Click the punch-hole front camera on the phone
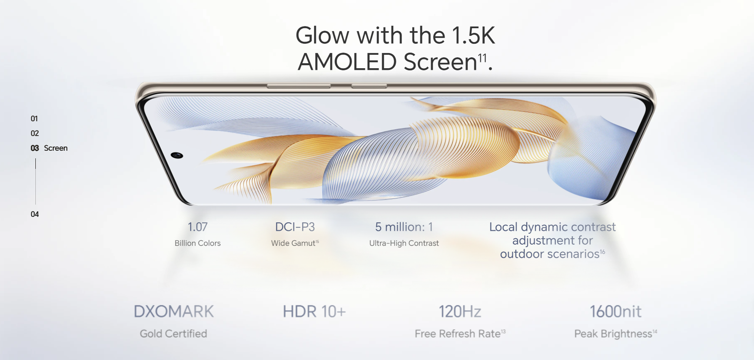[177, 155]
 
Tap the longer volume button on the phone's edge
[299, 86]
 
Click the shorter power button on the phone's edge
[369, 86]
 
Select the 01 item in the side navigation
[35, 119]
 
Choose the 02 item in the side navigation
[35, 133]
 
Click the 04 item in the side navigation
[35, 214]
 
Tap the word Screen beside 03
[56, 148]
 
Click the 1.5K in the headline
[474, 35]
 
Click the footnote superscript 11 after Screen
[482, 58]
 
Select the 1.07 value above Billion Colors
[198, 227]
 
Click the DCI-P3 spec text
[295, 227]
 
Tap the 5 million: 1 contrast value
[404, 227]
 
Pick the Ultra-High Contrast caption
[404, 243]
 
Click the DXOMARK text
[174, 312]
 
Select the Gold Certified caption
[173, 333]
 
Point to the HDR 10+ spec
[314, 312]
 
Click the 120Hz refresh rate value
[460, 312]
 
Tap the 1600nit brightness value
[616, 312]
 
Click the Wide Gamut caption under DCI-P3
[293, 243]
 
